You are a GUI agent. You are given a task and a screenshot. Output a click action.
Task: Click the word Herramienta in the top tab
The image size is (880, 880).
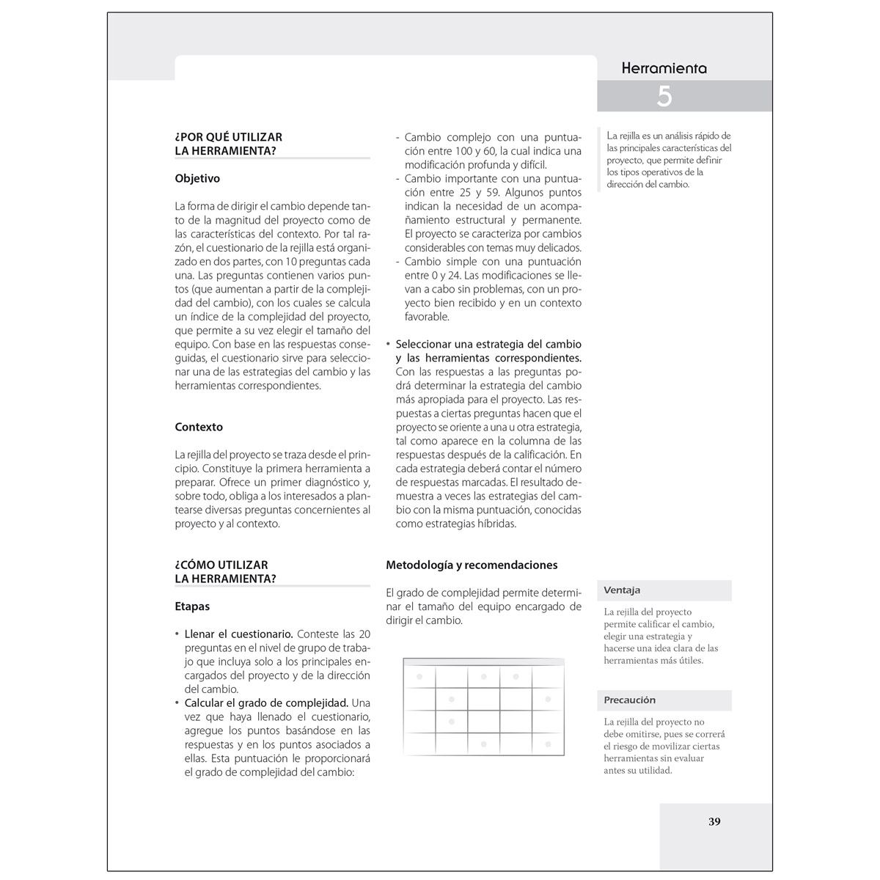[664, 68]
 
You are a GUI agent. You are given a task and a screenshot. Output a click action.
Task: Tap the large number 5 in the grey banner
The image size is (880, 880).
[664, 96]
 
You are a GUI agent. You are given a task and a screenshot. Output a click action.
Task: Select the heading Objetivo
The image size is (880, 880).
[197, 178]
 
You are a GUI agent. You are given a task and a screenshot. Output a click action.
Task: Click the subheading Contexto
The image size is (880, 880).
[199, 427]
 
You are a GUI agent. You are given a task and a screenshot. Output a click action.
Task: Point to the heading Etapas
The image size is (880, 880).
[192, 606]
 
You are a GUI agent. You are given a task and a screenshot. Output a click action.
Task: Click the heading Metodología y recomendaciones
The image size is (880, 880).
[472, 565]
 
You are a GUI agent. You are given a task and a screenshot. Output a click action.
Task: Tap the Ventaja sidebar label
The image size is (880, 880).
[622, 590]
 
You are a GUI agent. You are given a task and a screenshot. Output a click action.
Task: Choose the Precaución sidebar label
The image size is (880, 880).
[629, 700]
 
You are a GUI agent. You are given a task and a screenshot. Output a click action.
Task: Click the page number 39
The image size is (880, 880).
[714, 821]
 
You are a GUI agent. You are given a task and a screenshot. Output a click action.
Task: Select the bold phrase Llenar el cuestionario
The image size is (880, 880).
[239, 634]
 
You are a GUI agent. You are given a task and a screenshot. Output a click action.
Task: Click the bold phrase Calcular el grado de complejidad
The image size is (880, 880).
[266, 703]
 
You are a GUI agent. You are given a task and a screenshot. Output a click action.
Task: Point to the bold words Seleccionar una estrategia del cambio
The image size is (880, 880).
[488, 344]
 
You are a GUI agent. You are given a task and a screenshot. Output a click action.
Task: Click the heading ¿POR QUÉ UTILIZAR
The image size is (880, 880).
[229, 137]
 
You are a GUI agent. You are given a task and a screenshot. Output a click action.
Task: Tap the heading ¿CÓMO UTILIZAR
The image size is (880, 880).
[221, 565]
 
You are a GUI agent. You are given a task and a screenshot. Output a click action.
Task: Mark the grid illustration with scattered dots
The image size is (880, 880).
[484, 707]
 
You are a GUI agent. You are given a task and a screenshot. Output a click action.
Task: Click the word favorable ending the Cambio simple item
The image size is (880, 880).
[427, 317]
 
